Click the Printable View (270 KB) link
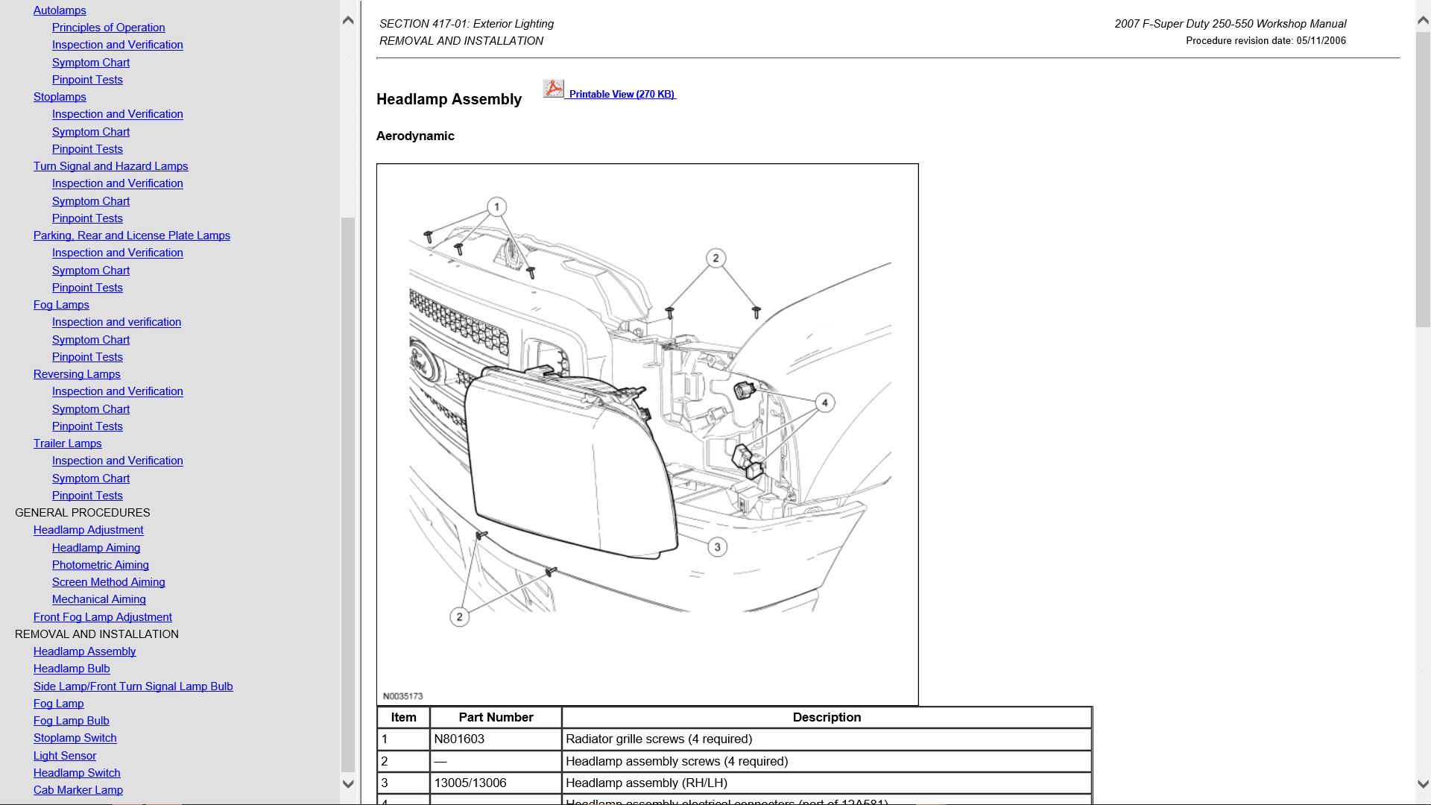[622, 95]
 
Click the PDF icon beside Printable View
[553, 89]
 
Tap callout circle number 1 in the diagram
[497, 206]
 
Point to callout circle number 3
[717, 547]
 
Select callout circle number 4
[824, 402]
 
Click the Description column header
[826, 717]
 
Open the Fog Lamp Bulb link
[72, 721]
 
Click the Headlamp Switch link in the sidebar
[77, 773]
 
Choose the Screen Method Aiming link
[109, 582]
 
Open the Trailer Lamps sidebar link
[67, 443]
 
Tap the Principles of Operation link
[109, 28]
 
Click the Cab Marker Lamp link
[78, 790]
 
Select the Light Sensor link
[65, 756]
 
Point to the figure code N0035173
[402, 696]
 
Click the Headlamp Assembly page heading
[449, 99]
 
